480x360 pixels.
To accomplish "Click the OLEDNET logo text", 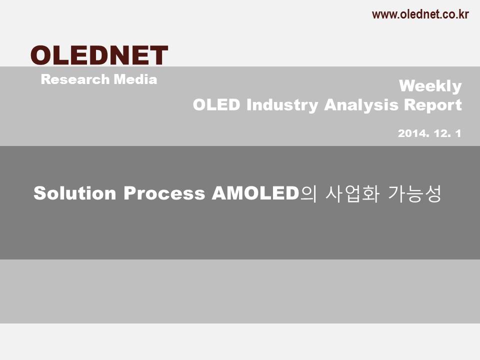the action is coord(99,55).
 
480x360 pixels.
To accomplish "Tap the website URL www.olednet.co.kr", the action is coord(420,14).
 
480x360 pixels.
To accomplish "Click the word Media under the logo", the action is coord(135,79).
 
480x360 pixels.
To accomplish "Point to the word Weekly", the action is coord(430,86).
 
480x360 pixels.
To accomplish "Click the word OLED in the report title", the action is coord(216,104).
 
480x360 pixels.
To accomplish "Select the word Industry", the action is coord(282,105).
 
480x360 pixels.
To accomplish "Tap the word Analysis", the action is coord(361,105).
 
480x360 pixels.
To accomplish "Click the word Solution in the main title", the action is coord(74,193).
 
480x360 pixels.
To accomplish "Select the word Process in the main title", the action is coord(164,193).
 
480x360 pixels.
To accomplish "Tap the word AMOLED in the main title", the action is coord(255,193).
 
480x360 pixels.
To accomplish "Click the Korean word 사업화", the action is coord(352,194).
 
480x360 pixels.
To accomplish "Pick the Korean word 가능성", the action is coord(414,194).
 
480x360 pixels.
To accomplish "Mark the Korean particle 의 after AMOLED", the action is coord(308,194).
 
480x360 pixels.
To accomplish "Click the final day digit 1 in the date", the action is coord(458,133).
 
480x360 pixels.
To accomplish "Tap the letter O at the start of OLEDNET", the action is coord(41,55).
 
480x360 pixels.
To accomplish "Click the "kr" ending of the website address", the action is coord(463,14).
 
